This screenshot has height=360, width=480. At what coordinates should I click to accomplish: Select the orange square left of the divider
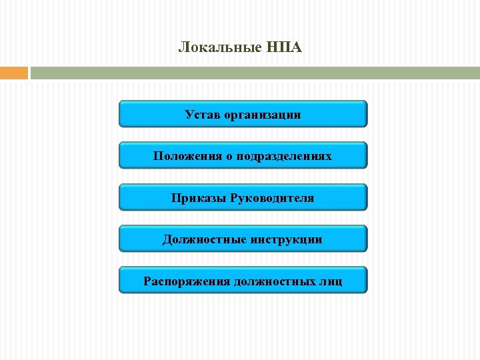[13, 73]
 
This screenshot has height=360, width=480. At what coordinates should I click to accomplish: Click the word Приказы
[198, 198]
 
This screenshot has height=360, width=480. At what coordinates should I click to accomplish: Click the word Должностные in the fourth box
[205, 239]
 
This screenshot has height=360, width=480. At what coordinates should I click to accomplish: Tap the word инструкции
[287, 239]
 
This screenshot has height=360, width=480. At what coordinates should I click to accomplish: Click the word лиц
[331, 281]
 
